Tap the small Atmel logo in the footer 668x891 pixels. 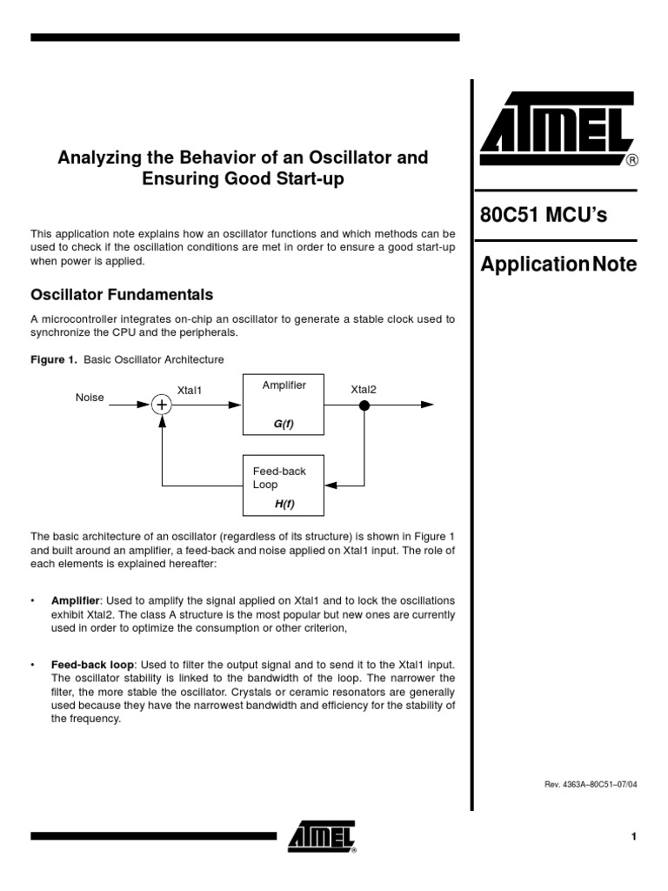(x=322, y=837)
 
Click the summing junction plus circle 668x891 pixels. (x=162, y=405)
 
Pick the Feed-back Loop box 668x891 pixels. (x=283, y=486)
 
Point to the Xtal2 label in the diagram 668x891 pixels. (x=364, y=389)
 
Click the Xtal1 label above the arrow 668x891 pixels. (x=190, y=391)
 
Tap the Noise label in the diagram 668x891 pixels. (x=90, y=398)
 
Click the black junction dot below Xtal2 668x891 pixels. (x=364, y=405)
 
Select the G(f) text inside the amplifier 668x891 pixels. (x=284, y=424)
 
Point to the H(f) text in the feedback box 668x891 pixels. (x=284, y=505)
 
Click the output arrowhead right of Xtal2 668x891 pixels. (x=427, y=405)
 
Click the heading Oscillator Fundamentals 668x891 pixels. (x=122, y=295)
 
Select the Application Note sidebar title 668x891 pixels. (x=558, y=265)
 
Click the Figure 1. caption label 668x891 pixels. (x=55, y=359)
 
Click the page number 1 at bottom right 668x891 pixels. (x=634, y=837)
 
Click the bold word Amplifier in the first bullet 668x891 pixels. (x=76, y=601)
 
